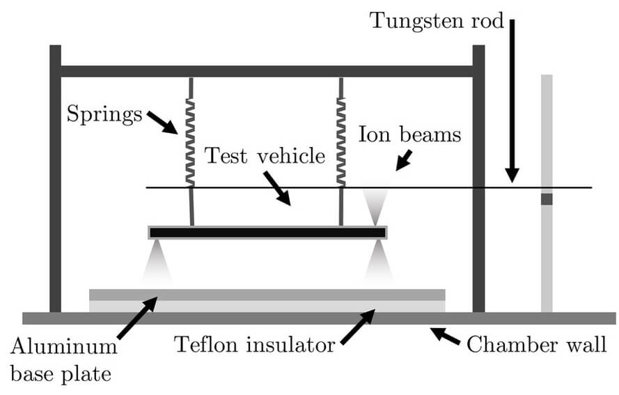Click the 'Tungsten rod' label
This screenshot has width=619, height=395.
click(437, 20)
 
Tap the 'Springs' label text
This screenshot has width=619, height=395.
click(104, 114)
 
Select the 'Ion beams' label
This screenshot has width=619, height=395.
click(409, 134)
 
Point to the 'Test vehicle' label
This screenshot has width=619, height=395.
click(265, 155)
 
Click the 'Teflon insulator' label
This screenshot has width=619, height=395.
click(255, 344)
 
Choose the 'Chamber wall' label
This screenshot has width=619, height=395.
click(536, 344)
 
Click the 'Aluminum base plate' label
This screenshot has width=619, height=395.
click(64, 360)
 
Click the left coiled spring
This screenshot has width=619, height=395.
click(190, 142)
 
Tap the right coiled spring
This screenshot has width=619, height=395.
click(341, 142)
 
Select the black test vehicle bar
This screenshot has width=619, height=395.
click(267, 233)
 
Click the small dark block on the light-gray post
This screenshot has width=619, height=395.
click(547, 199)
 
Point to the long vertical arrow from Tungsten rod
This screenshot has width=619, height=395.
click(512, 101)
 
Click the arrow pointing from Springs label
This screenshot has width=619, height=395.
click(162, 123)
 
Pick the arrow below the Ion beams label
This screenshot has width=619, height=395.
click(403, 160)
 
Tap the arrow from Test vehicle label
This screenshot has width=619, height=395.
click(277, 188)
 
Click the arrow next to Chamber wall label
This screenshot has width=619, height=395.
click(445, 336)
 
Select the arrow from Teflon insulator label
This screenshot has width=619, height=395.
click(358, 327)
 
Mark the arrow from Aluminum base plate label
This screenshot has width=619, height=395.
click(137, 318)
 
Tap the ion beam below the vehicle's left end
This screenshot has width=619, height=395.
click(157, 261)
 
